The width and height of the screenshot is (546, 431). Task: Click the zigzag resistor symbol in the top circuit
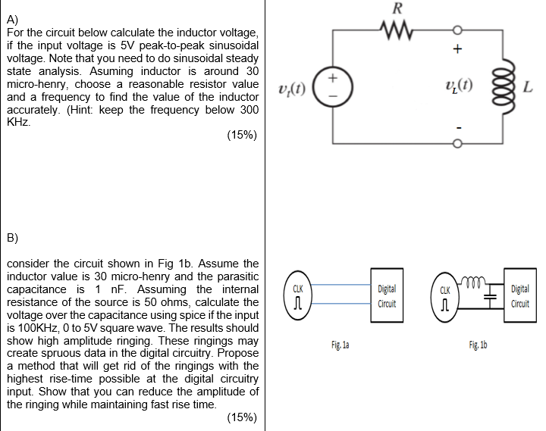(x=397, y=32)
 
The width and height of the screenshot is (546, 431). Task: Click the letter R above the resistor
(x=397, y=10)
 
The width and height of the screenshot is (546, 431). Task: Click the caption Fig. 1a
(x=340, y=345)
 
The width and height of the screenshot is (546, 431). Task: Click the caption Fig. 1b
(x=479, y=345)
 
